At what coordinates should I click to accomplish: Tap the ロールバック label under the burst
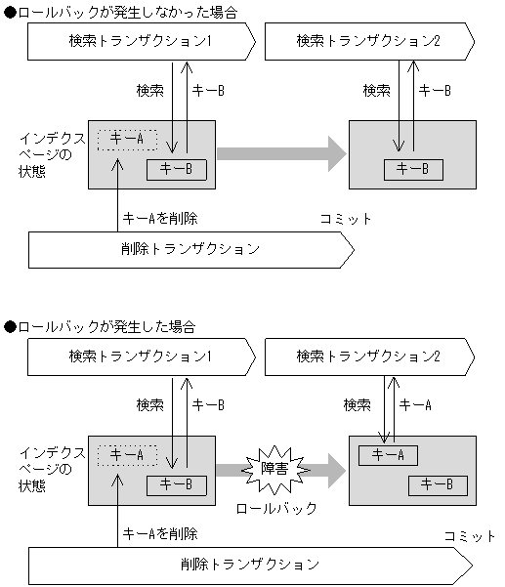pos(277,508)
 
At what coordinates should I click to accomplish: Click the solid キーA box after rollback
pos(387,454)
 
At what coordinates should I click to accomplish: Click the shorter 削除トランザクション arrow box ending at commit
pos(190,249)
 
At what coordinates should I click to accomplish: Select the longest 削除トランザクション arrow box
pos(249,565)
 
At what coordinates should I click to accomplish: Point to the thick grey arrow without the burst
pos(281,153)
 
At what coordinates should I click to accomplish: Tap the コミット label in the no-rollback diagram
pos(346,219)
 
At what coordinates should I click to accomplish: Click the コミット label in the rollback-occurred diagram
pos(470,535)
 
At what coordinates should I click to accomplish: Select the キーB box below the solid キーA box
pos(437,484)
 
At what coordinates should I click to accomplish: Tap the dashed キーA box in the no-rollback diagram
pos(127,139)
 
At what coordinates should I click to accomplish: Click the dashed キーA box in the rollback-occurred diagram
pos(127,454)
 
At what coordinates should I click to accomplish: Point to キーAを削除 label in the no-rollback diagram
pos(160,219)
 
